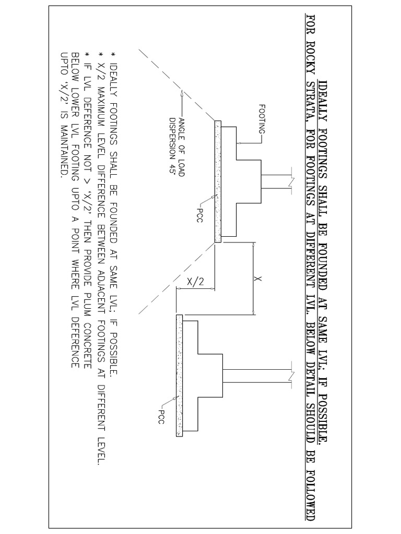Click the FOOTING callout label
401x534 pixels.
click(262, 119)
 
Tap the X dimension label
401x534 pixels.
click(259, 279)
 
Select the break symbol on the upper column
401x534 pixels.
click(290, 181)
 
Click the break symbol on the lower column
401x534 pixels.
click(290, 374)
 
